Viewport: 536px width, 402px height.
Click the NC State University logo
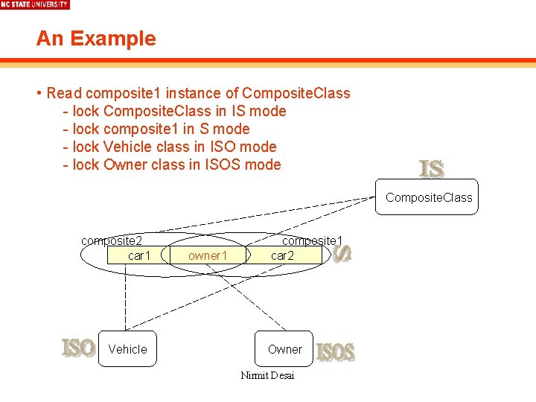(34, 4)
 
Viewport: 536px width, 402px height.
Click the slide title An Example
(96, 39)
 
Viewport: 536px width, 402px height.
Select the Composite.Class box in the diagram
(428, 197)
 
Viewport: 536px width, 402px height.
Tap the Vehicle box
(127, 349)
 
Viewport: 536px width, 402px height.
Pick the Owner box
(284, 349)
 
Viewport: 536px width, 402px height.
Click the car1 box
(138, 255)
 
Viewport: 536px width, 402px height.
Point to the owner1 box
(207, 255)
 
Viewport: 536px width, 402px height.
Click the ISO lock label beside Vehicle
(78, 348)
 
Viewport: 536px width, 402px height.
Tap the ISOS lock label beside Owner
(336, 352)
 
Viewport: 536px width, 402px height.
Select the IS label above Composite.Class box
(432, 170)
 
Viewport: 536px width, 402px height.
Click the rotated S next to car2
(342, 254)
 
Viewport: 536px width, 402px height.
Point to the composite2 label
(112, 240)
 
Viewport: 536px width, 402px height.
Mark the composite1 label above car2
(312, 240)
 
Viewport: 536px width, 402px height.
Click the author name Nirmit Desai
(267, 375)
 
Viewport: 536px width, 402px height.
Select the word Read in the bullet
(64, 93)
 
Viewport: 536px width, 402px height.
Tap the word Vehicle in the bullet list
(127, 147)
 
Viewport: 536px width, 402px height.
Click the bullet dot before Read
(38, 94)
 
